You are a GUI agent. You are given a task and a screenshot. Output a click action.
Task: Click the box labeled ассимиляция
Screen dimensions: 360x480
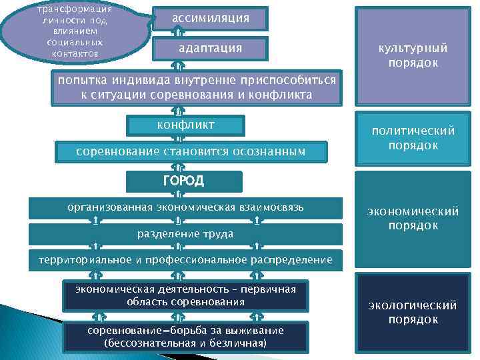(x=211, y=19)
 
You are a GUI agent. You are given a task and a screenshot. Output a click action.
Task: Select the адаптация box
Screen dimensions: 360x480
(x=211, y=49)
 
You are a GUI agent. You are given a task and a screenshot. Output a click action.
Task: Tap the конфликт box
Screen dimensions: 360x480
(x=185, y=125)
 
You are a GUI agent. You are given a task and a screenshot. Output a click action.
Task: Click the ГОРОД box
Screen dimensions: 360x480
(x=184, y=181)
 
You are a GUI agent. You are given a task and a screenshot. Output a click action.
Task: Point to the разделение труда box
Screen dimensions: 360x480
(x=185, y=233)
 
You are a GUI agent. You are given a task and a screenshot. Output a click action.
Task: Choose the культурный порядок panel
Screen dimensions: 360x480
(x=413, y=55)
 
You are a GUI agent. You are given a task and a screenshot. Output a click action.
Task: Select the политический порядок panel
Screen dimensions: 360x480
(x=413, y=138)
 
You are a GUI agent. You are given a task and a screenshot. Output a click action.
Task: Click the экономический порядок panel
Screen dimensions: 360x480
(x=413, y=219)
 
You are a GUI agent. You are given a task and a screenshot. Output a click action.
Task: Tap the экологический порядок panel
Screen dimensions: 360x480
(x=413, y=312)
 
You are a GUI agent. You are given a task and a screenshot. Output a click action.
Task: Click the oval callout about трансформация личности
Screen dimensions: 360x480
(x=75, y=32)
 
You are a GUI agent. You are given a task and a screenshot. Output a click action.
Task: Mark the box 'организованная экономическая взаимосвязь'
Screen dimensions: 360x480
(x=185, y=207)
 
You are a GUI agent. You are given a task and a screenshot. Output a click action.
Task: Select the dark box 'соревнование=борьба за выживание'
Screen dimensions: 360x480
(x=185, y=337)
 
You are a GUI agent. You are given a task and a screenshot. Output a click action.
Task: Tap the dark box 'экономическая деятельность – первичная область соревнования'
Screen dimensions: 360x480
(x=185, y=295)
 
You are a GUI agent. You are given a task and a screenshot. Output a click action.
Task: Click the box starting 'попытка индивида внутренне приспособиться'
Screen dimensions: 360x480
(x=196, y=88)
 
